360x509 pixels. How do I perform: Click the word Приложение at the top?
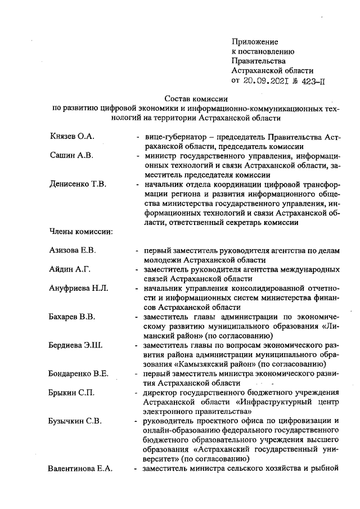255,42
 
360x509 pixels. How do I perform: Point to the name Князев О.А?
70,137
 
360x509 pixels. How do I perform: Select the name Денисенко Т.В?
77,184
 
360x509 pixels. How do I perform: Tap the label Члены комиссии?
81,231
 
